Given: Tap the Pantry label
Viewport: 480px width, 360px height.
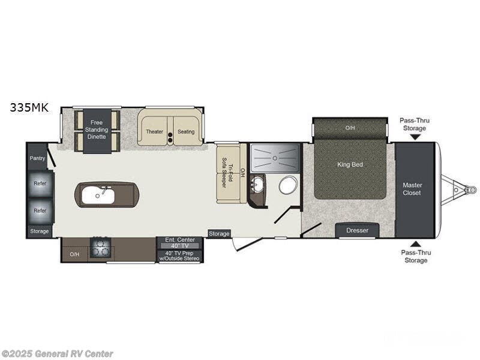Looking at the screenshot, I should coord(37,158).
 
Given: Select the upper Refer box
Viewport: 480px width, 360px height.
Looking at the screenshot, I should coord(40,184).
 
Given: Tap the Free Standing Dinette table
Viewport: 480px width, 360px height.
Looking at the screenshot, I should coord(97,130).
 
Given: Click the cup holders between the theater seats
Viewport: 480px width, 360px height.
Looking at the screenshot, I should coord(170,137).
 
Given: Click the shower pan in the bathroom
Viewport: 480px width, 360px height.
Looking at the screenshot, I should coord(275,157).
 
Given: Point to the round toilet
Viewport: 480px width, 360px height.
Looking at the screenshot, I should coord(289,185).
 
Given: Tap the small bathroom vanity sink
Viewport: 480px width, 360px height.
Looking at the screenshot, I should coord(257,184).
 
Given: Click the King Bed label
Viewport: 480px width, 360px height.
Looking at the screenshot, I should coord(350,164).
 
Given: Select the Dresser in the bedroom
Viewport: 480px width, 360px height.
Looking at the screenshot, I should coord(357,230).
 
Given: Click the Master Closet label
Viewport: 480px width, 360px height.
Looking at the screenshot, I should coord(412,189).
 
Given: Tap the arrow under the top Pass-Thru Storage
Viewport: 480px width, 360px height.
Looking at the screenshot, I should coord(415,137).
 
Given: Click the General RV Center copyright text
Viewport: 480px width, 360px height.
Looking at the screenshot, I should coord(58,354).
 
